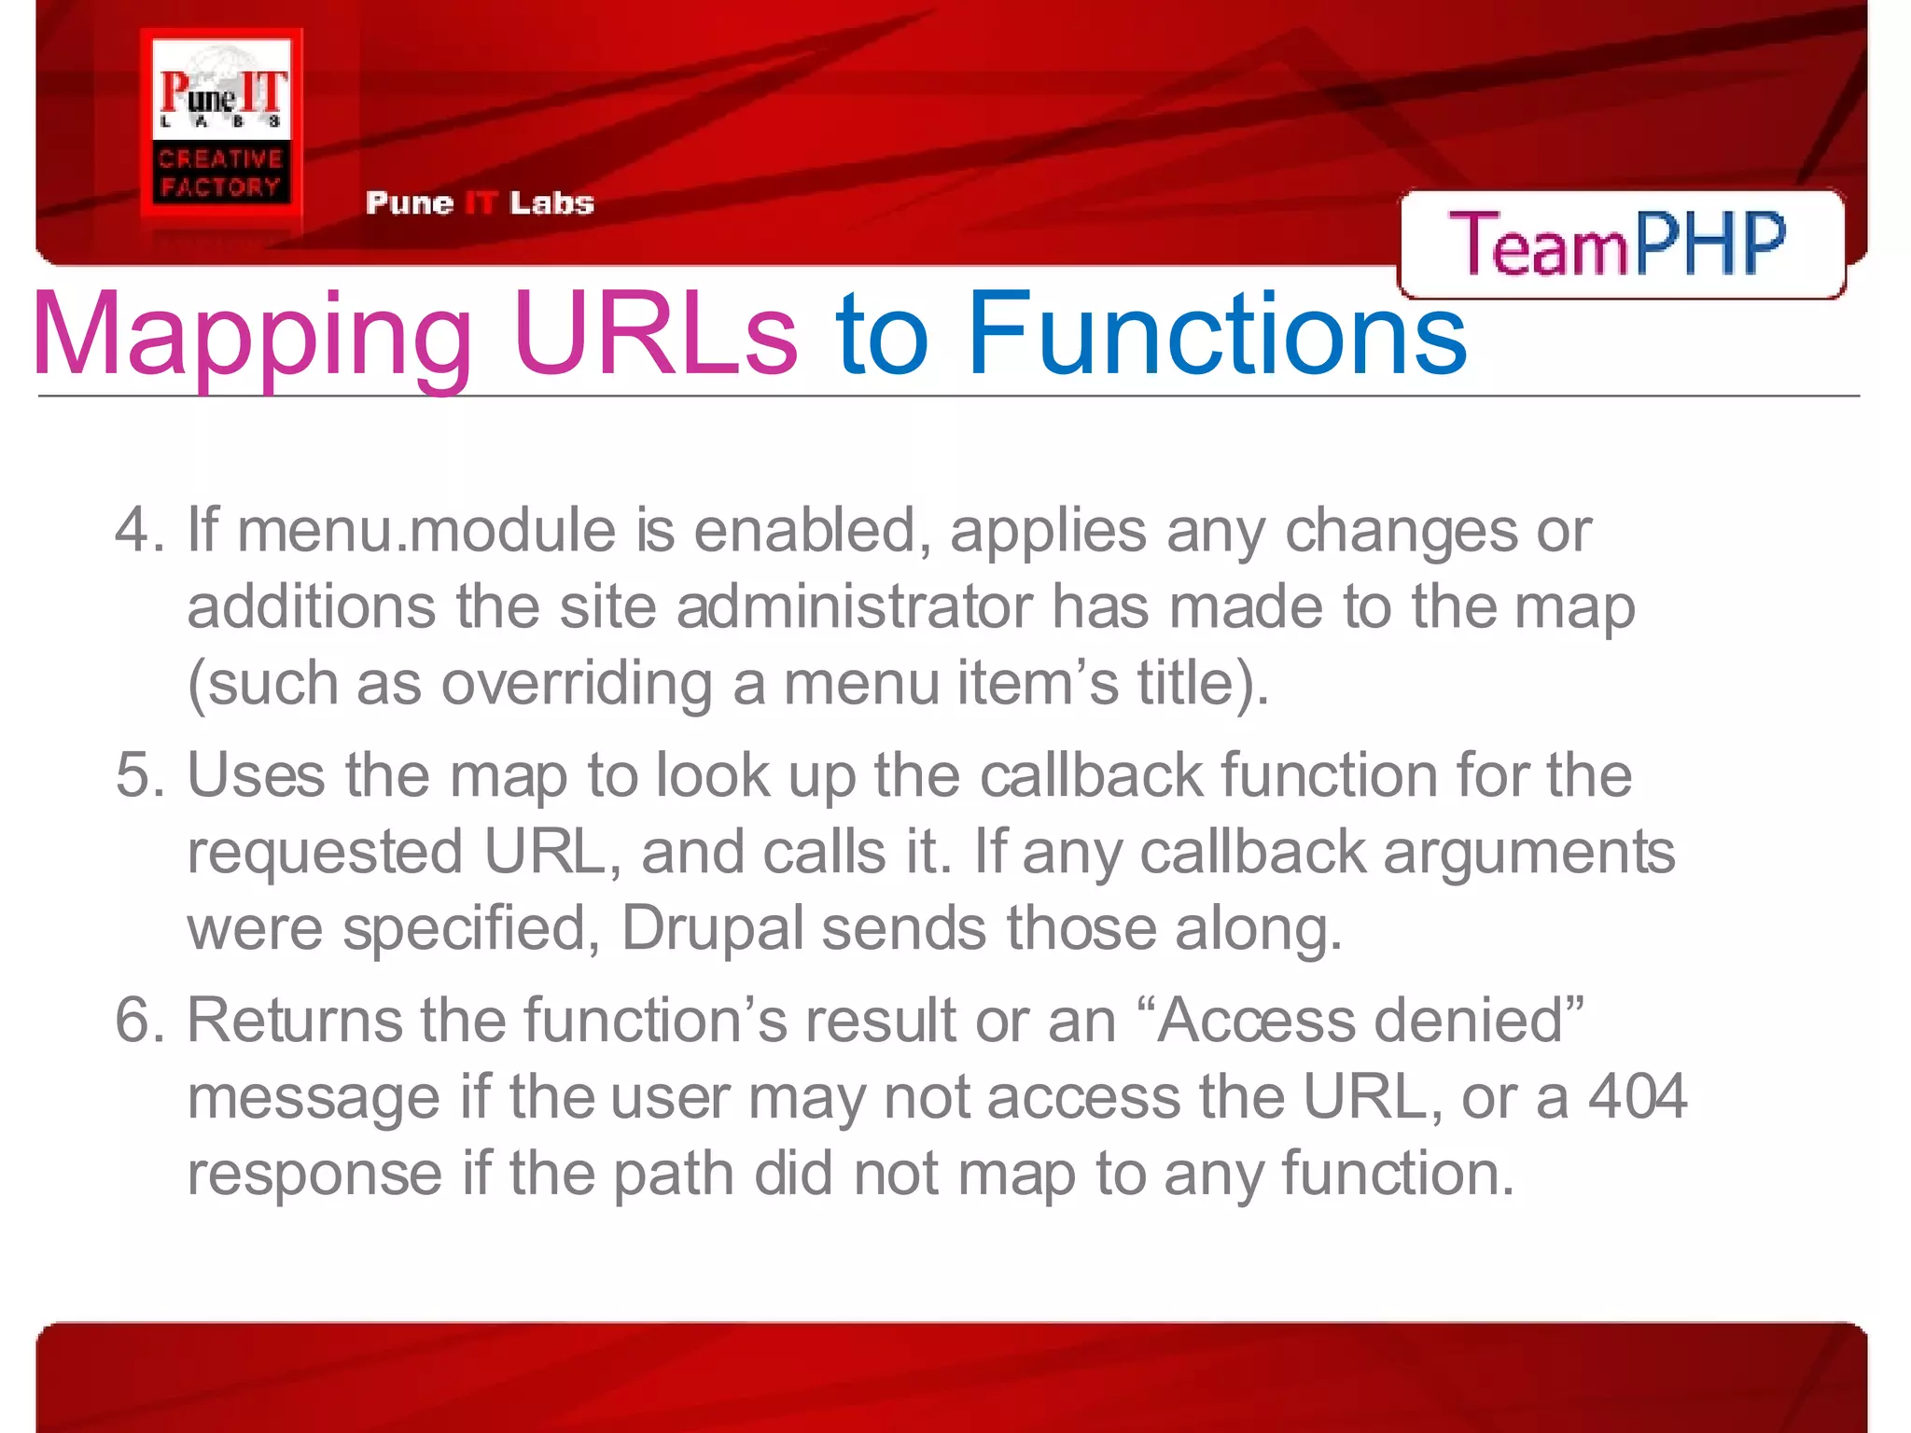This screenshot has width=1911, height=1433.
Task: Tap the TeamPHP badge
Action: (x=1620, y=243)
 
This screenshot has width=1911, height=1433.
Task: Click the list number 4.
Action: (x=139, y=530)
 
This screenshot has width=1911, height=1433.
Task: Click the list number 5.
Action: (x=139, y=775)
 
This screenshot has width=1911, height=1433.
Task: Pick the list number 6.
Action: (x=139, y=1020)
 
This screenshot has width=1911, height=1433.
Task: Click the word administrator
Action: (x=854, y=606)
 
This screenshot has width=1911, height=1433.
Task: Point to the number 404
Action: (x=1638, y=1096)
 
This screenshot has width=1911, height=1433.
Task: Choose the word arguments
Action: (x=1528, y=854)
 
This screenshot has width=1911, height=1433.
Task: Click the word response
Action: (x=314, y=1174)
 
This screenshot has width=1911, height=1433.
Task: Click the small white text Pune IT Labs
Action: (x=480, y=202)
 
